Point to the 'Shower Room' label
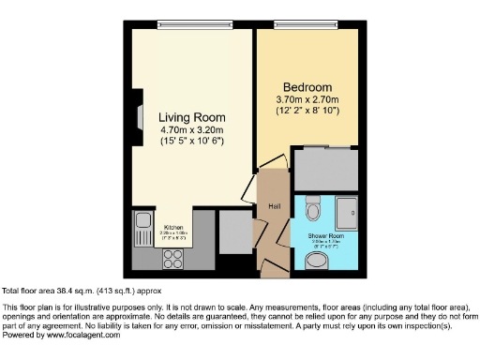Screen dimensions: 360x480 (325, 235)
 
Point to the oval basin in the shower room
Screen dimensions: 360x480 (317, 259)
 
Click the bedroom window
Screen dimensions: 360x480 (306, 24)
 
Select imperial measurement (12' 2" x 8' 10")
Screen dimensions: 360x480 (307, 112)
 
